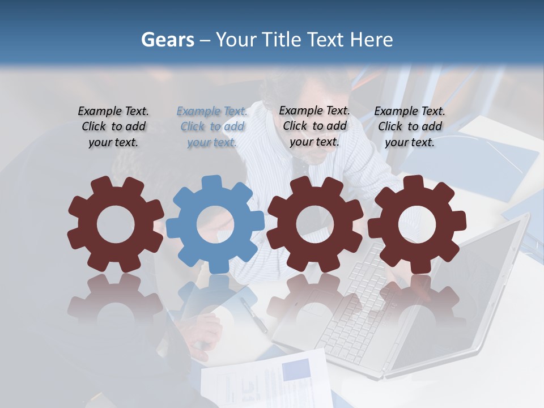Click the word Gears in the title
tap(167, 40)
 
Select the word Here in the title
tap(371, 40)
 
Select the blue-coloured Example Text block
tap(212, 127)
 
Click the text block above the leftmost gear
tap(113, 127)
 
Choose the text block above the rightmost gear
tap(410, 127)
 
